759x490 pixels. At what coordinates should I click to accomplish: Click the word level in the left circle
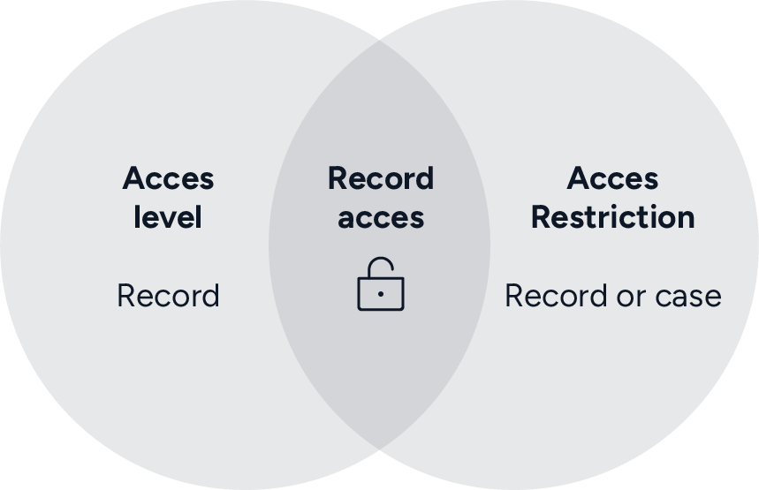tap(168, 217)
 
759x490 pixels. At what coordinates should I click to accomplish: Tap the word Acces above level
tap(168, 178)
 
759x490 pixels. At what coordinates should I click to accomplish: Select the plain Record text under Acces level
tap(168, 296)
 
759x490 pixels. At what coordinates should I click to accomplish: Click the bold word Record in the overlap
tap(381, 178)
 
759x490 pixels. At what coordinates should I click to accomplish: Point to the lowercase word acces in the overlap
tap(381, 218)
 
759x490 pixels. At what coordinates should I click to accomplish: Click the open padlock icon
tap(381, 284)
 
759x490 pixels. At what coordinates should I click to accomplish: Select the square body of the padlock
tap(381, 294)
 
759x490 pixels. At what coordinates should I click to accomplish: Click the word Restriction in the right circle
tap(612, 217)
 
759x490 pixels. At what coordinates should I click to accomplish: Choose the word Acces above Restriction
tap(612, 178)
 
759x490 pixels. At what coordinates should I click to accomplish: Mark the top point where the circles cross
tap(380, 40)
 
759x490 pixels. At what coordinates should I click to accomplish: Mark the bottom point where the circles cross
tap(380, 449)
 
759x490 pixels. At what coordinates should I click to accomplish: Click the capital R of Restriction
tap(541, 217)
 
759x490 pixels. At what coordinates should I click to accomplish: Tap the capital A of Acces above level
tap(134, 178)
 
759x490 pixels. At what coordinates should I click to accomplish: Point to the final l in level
tap(199, 216)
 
